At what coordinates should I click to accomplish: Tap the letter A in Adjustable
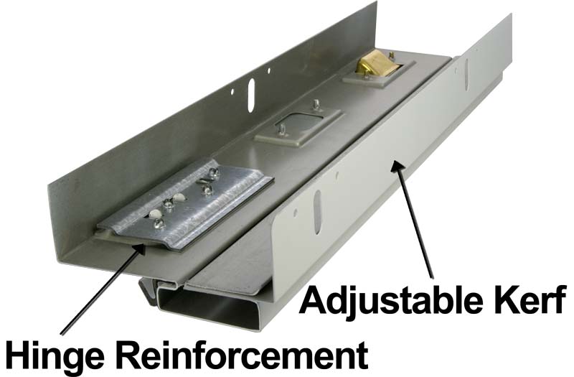click(x=314, y=300)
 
